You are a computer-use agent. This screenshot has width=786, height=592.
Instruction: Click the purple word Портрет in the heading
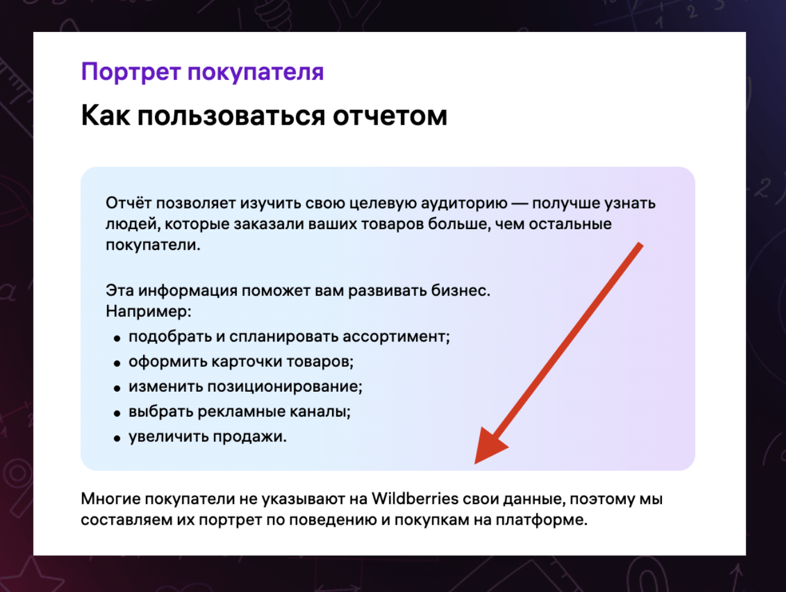click(131, 72)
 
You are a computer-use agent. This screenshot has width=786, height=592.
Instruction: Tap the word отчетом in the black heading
click(390, 116)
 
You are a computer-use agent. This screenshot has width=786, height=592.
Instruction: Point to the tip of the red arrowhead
click(475, 464)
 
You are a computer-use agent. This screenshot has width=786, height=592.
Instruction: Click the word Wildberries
click(415, 499)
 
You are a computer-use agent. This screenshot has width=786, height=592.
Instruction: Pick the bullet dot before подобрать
click(117, 339)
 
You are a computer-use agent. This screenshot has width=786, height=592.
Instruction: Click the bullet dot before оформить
click(117, 363)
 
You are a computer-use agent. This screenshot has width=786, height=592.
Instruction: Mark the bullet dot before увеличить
click(117, 439)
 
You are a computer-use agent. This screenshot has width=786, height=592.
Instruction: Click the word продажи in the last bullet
click(249, 437)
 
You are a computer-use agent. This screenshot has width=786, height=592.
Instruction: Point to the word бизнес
click(460, 290)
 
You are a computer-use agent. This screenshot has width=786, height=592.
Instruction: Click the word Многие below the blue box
click(111, 499)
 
